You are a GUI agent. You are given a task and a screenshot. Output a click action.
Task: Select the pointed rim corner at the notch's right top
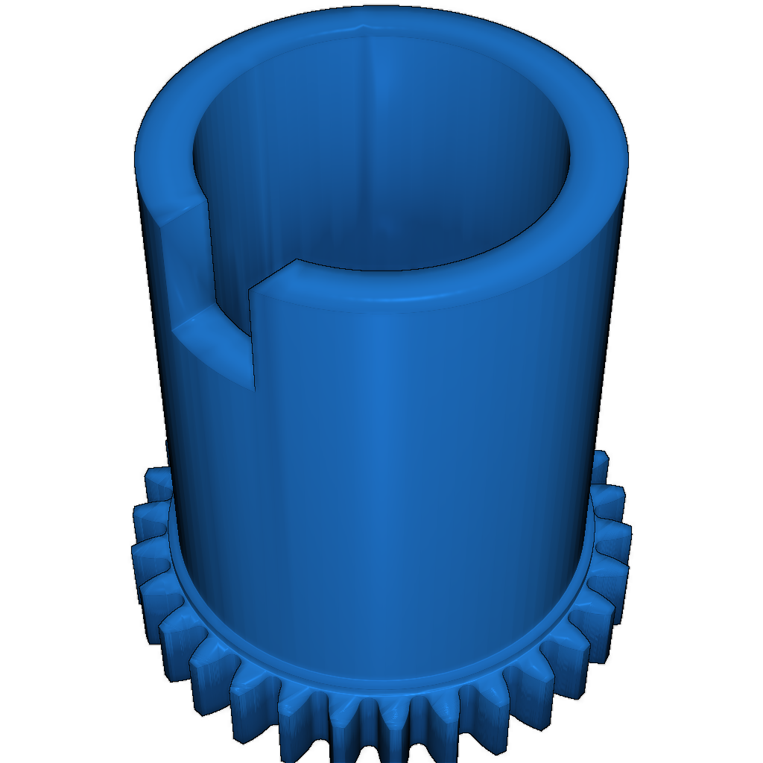[x=297, y=261]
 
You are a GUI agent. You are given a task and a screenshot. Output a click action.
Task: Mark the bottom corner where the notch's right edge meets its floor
[x=254, y=388]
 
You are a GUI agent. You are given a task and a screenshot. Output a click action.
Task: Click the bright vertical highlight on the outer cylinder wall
[x=387, y=447]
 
